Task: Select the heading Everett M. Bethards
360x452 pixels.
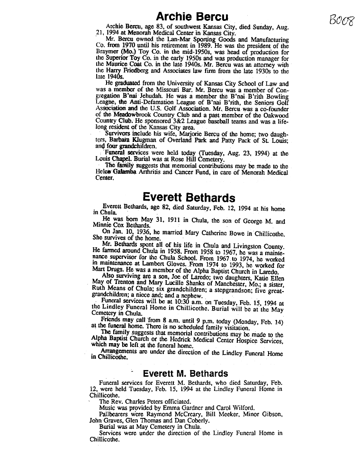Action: pos(185,373)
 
